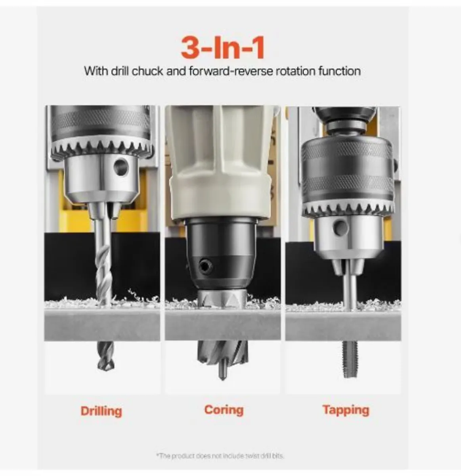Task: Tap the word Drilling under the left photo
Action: pos(101,411)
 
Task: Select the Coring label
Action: pos(224,409)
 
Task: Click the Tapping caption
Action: pos(346,409)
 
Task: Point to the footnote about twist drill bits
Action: pos(220,456)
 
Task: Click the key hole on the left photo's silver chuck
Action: pos(121,167)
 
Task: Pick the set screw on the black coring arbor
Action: pos(205,265)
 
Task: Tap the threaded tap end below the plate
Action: pos(348,359)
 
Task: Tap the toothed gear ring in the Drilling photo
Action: pos(102,149)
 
